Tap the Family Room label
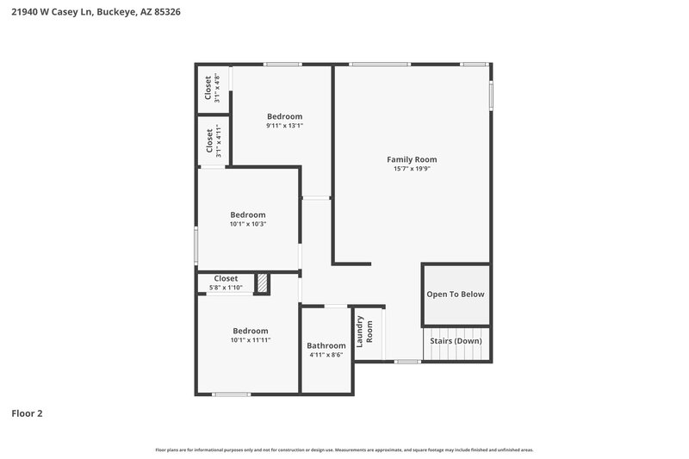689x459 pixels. tap(411, 159)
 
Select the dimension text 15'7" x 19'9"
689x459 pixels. tap(411, 169)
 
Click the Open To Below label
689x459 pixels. tap(456, 295)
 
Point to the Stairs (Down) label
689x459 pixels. tap(456, 341)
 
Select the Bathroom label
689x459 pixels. tap(326, 345)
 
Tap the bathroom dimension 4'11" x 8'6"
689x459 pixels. tap(326, 355)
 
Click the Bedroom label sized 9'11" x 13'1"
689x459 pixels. tap(284, 116)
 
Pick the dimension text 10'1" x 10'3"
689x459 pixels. tap(247, 224)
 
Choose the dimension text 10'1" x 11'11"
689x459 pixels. tap(251, 340)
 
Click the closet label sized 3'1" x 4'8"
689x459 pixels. tap(208, 89)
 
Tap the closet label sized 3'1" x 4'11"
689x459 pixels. tap(208, 141)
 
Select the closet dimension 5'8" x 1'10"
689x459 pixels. tap(226, 288)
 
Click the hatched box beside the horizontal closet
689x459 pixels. tap(263, 283)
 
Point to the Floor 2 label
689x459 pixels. tap(27, 413)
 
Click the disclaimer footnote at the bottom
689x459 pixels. tap(344, 450)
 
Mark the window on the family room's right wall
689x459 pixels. tap(492, 96)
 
